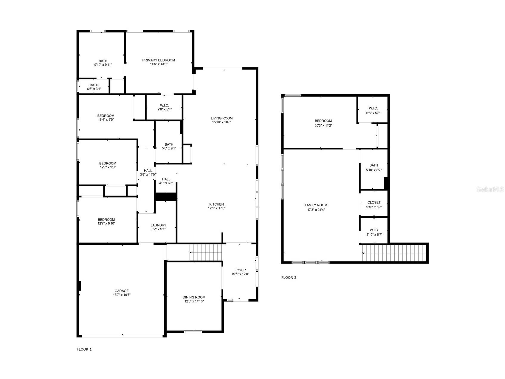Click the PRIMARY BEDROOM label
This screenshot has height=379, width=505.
[158, 60]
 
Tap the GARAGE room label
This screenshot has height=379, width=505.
[122, 291]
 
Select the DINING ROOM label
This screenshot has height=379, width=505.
[194, 297]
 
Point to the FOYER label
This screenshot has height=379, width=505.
[240, 270]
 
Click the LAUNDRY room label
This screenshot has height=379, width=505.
[158, 225]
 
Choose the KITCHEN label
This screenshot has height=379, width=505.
[216, 204]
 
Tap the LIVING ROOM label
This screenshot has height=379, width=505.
[221, 118]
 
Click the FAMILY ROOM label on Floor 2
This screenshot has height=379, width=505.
[316, 205]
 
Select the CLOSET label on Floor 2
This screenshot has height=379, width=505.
[374, 202]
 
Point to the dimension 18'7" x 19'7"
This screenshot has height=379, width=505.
[122, 295]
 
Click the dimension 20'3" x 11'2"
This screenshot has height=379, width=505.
[323, 126]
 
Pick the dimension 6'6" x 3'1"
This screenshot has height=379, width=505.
[94, 89]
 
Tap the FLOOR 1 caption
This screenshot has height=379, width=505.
[84, 349]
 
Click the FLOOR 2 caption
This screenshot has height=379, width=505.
[289, 278]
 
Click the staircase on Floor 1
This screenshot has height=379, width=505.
[206, 252]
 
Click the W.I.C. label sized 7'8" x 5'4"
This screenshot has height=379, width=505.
[164, 105]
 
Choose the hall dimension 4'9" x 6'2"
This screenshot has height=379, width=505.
[166, 183]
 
